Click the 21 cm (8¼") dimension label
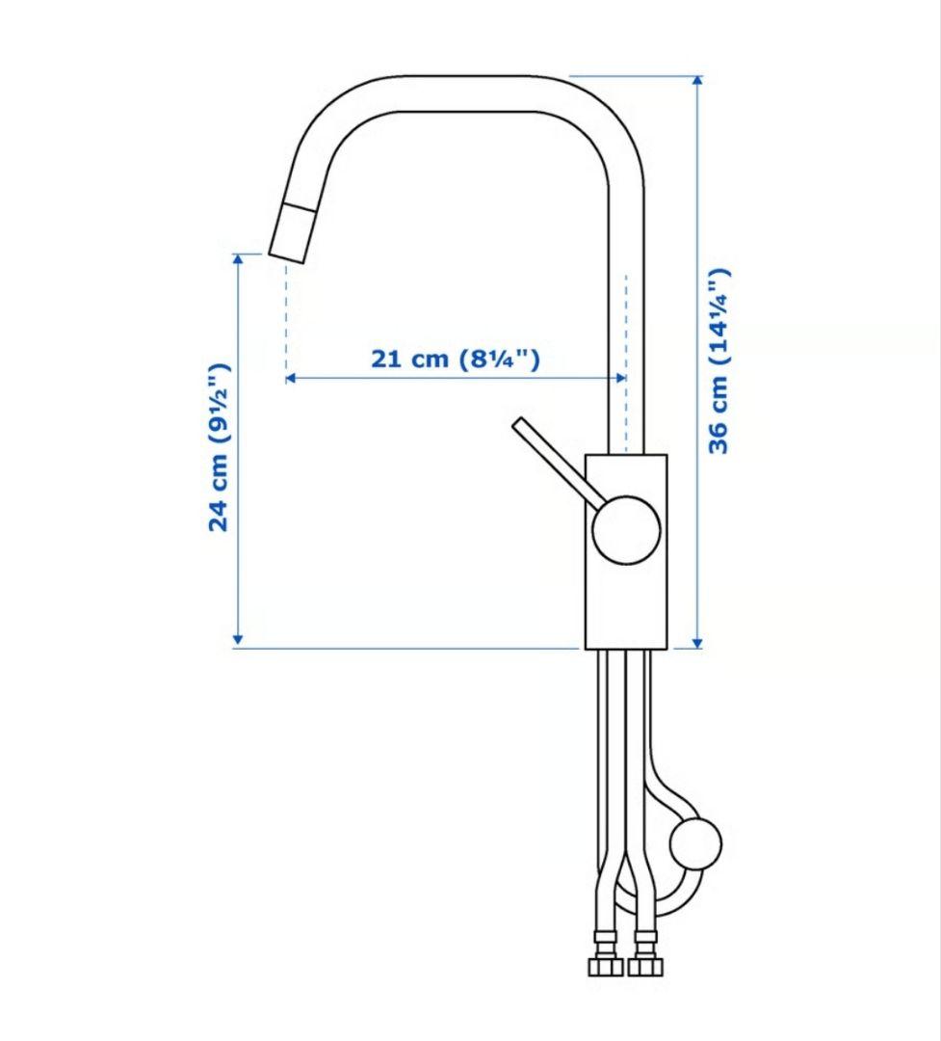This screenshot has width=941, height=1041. pyautogui.click(x=456, y=359)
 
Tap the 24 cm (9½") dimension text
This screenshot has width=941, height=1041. pyautogui.click(x=220, y=447)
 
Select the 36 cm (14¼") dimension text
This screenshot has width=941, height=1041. pyautogui.click(x=719, y=361)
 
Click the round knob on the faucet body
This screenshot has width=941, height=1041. pyautogui.click(x=626, y=530)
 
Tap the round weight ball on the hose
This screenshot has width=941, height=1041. pyautogui.click(x=694, y=843)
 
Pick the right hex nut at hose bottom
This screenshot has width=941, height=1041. pyautogui.click(x=641, y=966)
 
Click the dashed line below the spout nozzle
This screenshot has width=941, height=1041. pyautogui.click(x=286, y=318)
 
